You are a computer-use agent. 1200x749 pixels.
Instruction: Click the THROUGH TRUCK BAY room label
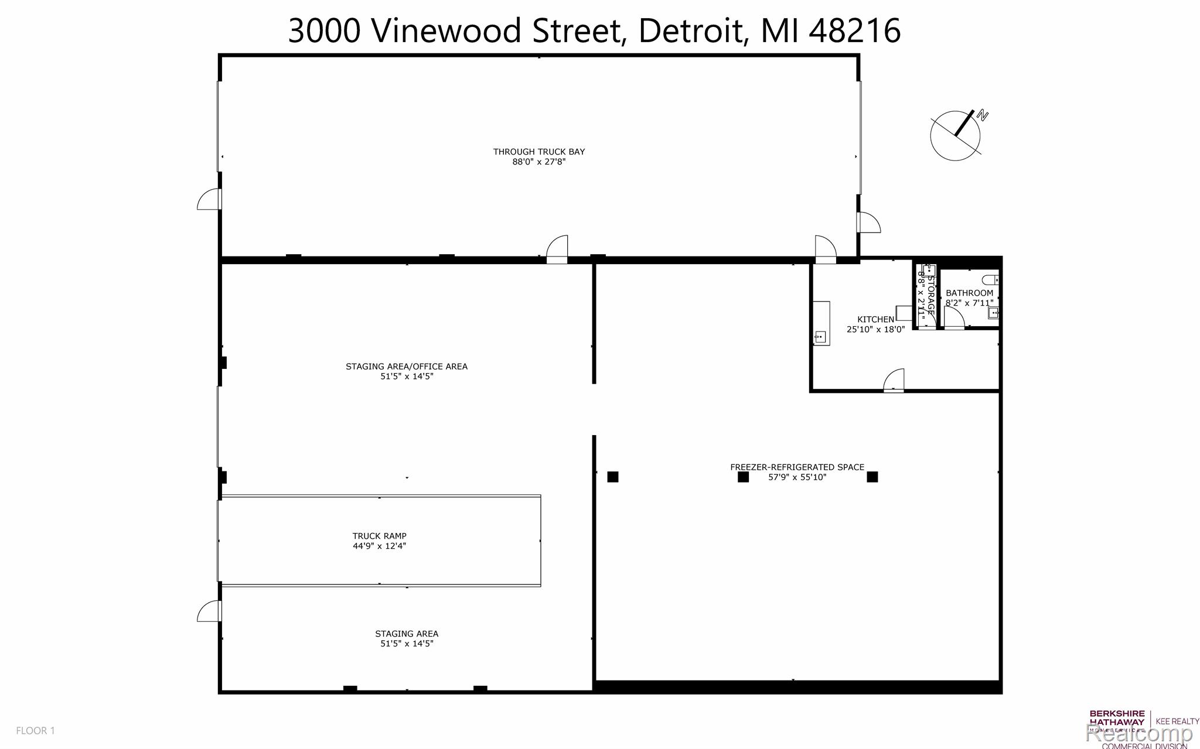pos(538,152)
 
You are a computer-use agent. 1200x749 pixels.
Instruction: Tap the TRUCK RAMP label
pos(379,536)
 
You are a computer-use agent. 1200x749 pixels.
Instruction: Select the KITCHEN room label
pos(875,319)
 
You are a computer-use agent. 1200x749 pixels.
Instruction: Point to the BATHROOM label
pos(969,293)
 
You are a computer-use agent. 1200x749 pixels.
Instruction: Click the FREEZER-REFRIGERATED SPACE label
pos(797,467)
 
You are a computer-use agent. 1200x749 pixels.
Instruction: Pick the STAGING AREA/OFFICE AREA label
pos(406,367)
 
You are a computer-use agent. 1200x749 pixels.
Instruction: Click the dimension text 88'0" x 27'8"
pos(538,162)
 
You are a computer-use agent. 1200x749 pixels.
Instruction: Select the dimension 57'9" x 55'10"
pos(797,477)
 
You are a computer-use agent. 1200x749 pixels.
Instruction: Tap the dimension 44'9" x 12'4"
pos(379,546)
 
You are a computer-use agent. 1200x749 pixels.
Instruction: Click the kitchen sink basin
pos(820,336)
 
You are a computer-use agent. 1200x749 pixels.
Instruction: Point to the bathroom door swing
pos(954,317)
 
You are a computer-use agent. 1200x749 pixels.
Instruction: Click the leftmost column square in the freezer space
pos(613,477)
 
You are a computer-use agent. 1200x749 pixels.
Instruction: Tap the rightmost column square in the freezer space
pos(872,477)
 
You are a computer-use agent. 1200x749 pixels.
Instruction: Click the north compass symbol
pos(956,135)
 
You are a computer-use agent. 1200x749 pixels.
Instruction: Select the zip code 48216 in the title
pos(854,30)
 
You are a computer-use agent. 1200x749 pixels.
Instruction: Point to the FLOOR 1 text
pos(35,730)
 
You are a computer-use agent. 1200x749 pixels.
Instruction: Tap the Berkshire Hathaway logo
pos(1116,721)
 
